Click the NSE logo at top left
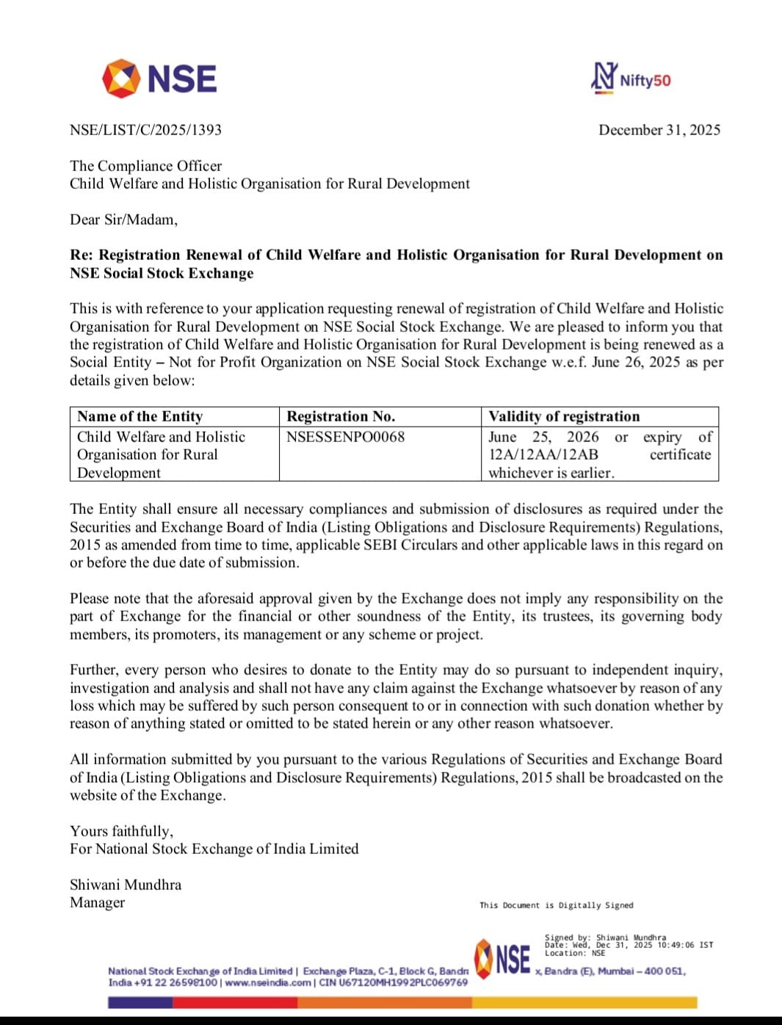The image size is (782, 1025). click(159, 79)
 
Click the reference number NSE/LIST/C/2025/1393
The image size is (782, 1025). click(145, 130)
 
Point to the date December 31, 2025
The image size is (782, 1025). click(659, 130)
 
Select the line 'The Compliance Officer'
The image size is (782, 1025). click(145, 166)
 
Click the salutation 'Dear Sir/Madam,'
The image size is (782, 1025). click(123, 220)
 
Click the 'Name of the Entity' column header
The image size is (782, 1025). click(140, 416)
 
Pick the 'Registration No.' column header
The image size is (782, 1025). click(341, 416)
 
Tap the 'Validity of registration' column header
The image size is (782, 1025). click(564, 416)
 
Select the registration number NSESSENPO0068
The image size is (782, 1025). click(345, 437)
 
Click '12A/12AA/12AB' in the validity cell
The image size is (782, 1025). click(543, 454)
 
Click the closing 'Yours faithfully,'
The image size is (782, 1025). click(121, 831)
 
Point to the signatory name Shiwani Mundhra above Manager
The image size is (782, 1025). click(126, 885)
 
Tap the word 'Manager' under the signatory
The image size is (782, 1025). click(97, 902)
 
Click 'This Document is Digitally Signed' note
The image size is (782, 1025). click(556, 905)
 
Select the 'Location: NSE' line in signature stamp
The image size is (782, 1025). click(575, 953)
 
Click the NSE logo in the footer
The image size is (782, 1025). click(503, 958)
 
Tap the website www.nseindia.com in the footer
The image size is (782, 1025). click(268, 982)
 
